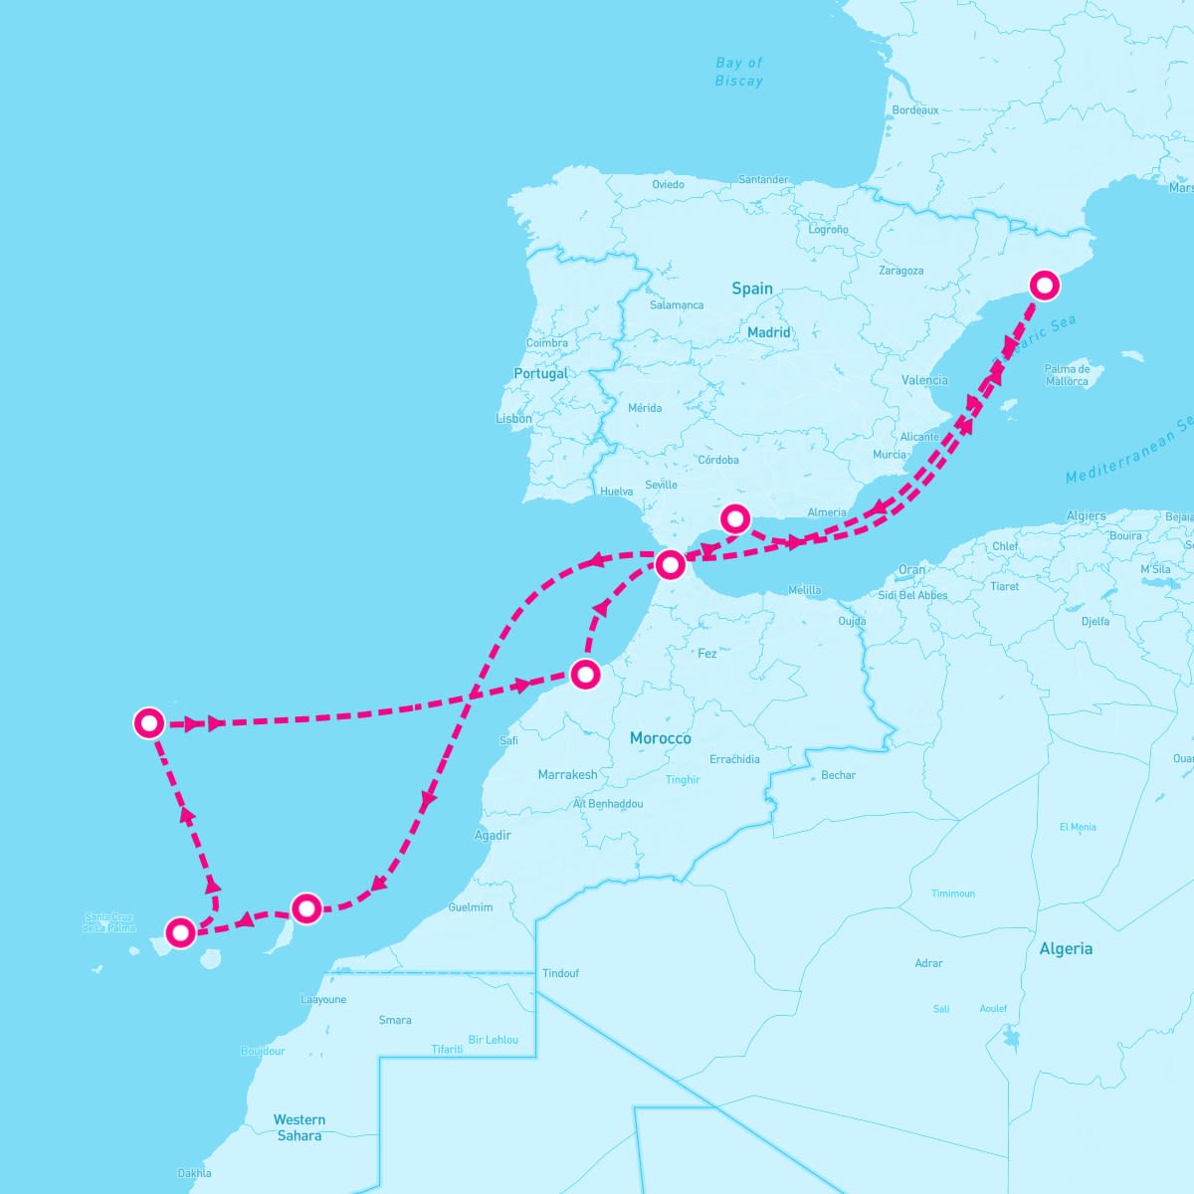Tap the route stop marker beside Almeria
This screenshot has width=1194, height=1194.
[x=734, y=518]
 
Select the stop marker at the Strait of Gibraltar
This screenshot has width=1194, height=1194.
[x=671, y=565]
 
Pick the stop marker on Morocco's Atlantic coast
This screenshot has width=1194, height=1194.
[x=586, y=675]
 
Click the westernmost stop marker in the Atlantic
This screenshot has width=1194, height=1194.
[x=149, y=722]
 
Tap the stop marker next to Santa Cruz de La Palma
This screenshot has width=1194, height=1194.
[x=180, y=932]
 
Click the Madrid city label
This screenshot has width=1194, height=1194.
[x=769, y=332]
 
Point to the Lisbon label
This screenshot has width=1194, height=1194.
[x=514, y=419]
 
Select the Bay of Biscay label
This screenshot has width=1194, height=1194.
[x=739, y=72]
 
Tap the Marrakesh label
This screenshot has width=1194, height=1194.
[x=567, y=775]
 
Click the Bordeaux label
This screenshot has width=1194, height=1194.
[x=915, y=110]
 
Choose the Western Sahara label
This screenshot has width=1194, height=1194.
[x=298, y=1127]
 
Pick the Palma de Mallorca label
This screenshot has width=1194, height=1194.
[x=1067, y=375]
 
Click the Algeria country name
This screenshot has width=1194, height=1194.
[x=1066, y=949]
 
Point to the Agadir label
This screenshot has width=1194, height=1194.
[x=493, y=836]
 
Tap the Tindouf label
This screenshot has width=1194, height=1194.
[x=560, y=973]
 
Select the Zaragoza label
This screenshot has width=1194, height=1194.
[x=901, y=271]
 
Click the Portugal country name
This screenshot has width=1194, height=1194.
[x=540, y=374]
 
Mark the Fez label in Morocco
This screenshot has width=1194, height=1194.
[x=707, y=654]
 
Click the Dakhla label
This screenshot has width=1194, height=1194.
[x=194, y=1173]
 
